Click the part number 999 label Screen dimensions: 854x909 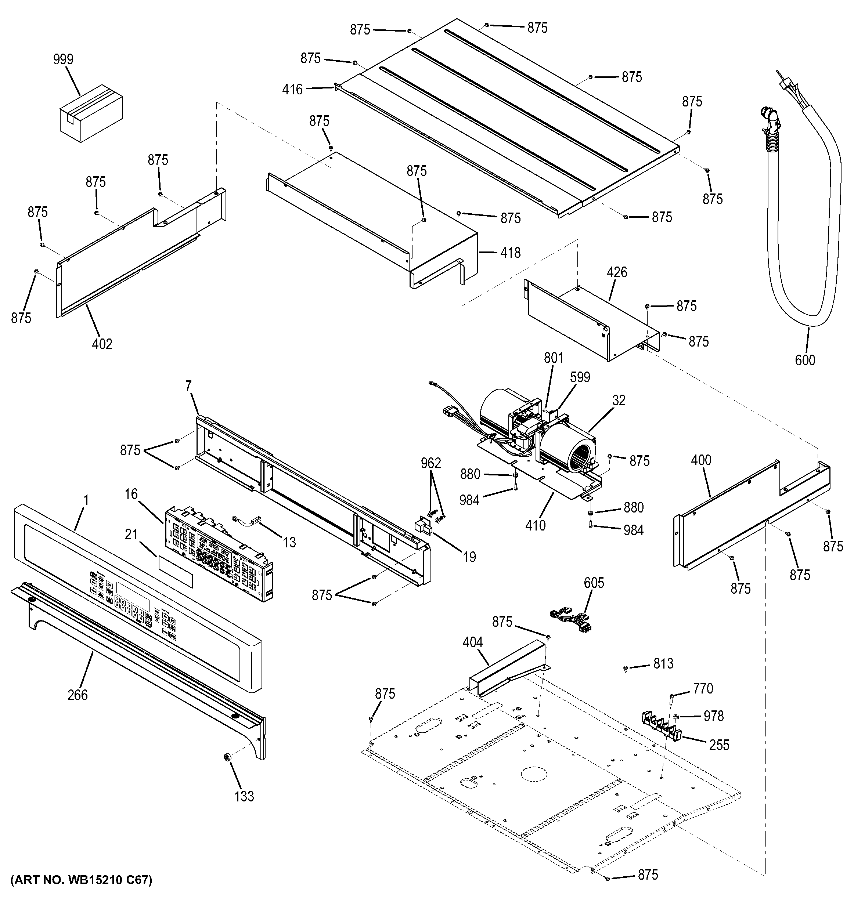[x=63, y=59]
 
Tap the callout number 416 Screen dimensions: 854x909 [x=292, y=89]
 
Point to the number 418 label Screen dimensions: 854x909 [x=511, y=253]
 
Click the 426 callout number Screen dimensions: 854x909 [x=617, y=272]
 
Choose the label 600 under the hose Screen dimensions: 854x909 [x=805, y=360]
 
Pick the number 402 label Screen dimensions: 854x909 [x=102, y=344]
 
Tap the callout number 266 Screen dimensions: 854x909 [x=77, y=695]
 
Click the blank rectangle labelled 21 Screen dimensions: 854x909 [x=176, y=572]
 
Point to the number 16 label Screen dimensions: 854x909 [x=131, y=494]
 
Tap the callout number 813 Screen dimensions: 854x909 [x=663, y=663]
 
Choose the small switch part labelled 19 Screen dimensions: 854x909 [x=423, y=527]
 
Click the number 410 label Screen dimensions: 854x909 [x=535, y=525]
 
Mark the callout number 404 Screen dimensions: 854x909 [x=472, y=642]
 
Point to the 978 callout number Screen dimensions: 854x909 [x=714, y=716]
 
